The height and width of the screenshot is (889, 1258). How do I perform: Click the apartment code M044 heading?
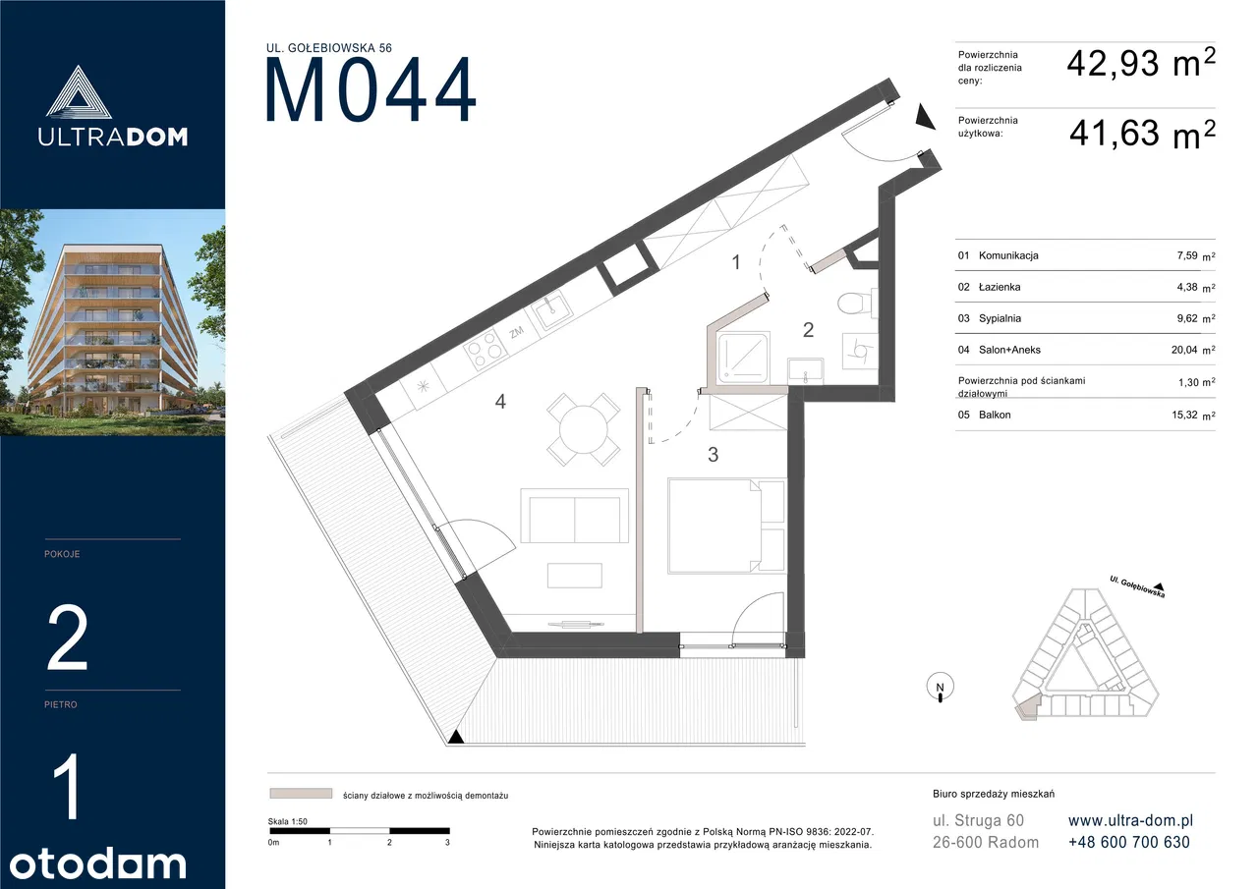coord(371,89)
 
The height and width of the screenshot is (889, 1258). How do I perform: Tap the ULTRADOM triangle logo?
coord(78,92)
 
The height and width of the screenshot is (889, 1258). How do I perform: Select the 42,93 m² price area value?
coord(1141,63)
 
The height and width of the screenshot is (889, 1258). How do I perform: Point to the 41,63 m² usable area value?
coord(1142,134)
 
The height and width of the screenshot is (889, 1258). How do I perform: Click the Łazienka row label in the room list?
coord(1000,287)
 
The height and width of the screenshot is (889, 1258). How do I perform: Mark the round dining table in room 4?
coord(584,429)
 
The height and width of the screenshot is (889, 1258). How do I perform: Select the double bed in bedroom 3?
coord(726,526)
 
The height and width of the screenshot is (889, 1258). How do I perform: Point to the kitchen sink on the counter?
coord(553,311)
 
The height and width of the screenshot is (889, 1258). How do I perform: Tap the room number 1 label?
coord(736,262)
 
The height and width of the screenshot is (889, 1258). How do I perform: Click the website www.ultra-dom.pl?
coord(1130,820)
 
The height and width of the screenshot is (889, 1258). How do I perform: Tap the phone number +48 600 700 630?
coord(1129,843)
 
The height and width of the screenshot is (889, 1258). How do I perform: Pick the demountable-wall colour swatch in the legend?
coord(301,794)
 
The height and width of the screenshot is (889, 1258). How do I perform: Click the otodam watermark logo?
coord(97,864)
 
